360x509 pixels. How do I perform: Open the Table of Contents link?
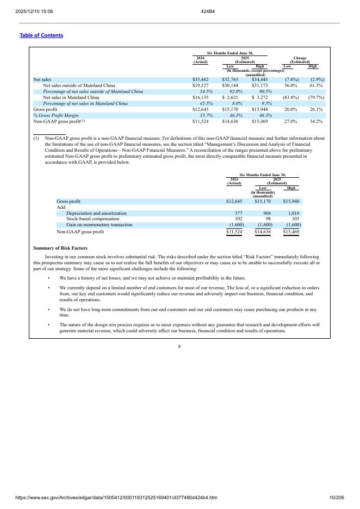coord(41,35)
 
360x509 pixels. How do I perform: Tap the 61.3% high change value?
coord(316,85)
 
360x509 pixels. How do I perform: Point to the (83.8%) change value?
coord(290,97)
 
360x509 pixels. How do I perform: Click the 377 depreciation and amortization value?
coord(238,213)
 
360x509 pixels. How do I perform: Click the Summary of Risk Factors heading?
coord(60,249)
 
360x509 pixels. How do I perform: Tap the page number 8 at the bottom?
coord(179,346)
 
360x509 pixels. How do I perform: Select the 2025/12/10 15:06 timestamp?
coord(30,11)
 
